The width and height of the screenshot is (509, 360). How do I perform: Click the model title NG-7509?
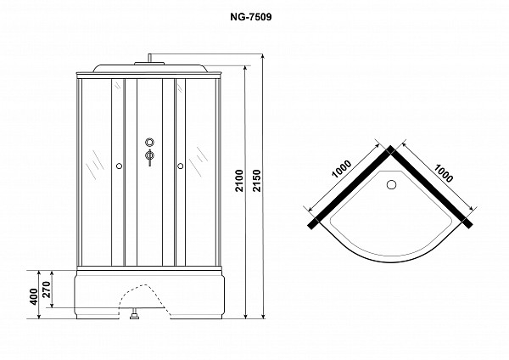[250, 17]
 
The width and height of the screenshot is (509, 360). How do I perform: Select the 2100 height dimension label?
[239, 181]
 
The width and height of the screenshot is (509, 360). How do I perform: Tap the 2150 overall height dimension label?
[257, 181]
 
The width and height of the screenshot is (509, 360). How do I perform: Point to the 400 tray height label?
[34, 296]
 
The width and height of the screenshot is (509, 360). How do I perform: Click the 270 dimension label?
[47, 290]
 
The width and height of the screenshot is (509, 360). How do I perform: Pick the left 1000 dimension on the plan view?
[342, 169]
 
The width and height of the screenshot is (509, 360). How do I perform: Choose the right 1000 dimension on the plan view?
[443, 173]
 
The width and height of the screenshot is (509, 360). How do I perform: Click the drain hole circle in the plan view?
[392, 184]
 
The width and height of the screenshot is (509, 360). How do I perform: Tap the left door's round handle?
[119, 166]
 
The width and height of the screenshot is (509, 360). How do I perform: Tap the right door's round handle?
[180, 166]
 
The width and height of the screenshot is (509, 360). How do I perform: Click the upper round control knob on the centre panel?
[149, 142]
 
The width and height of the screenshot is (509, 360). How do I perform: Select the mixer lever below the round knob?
[149, 157]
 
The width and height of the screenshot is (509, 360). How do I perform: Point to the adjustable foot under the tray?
[134, 316]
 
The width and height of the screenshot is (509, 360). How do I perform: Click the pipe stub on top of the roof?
[149, 58]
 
